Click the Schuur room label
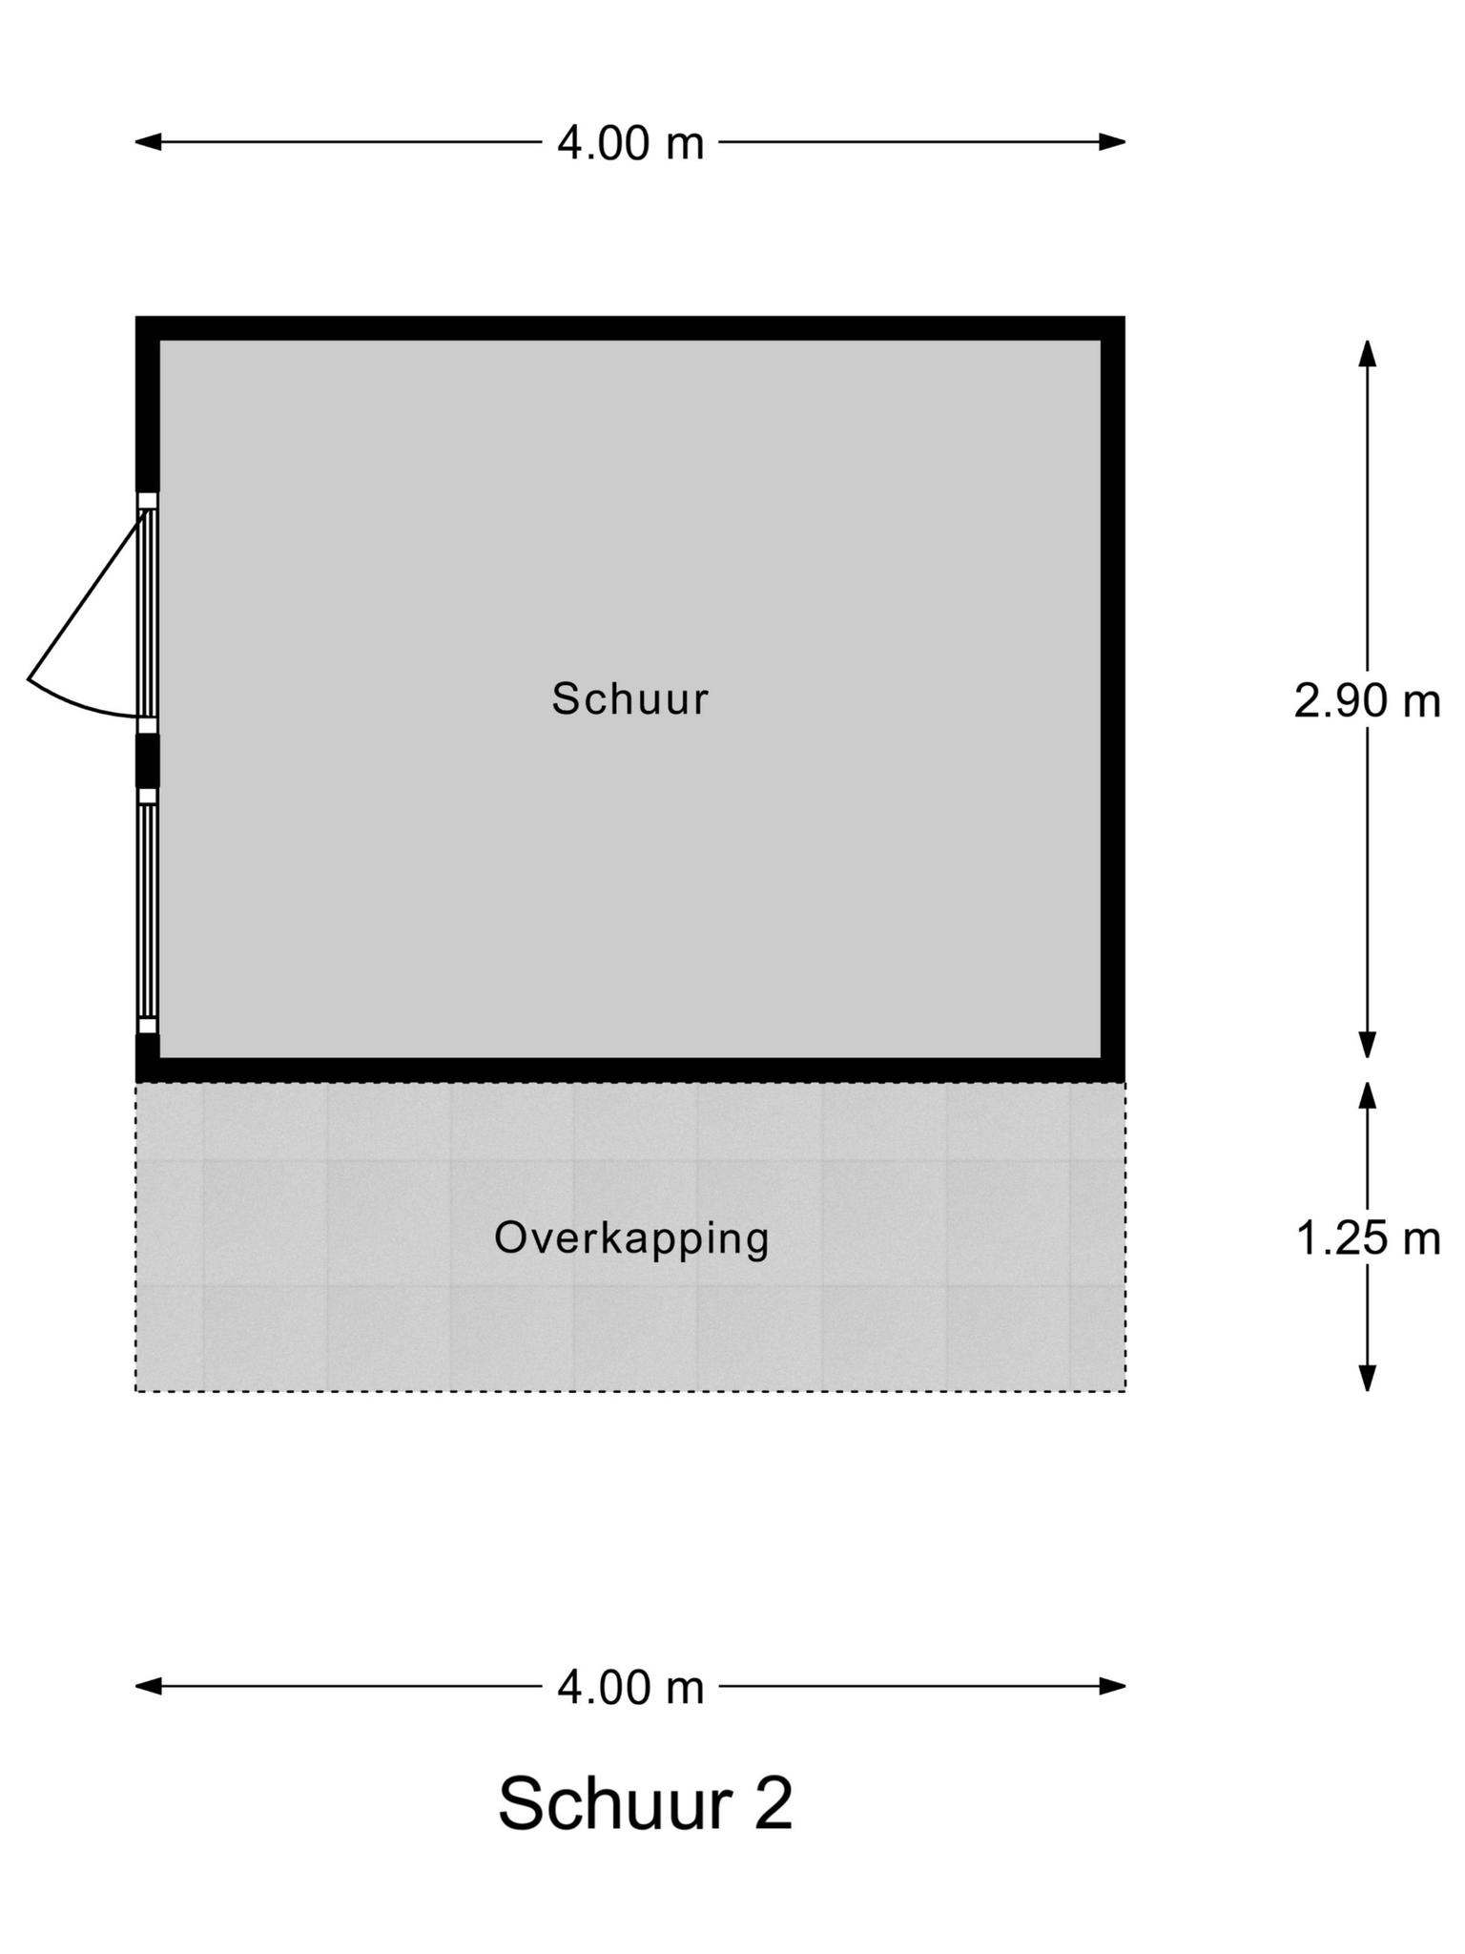630,698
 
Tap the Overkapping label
631,1239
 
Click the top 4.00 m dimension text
630,143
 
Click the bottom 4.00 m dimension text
630,1688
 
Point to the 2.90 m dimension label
1367,701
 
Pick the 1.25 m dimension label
1367,1239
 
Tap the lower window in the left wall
147,911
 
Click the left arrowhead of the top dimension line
149,142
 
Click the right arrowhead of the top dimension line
1113,142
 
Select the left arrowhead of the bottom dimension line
149,1687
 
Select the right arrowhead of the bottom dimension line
1113,1687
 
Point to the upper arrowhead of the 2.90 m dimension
1368,353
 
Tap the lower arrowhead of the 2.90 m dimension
1368,1046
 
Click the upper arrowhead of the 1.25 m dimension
1368,1095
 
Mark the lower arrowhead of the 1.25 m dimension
1368,1378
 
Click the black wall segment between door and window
148,760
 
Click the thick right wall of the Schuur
1114,699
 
